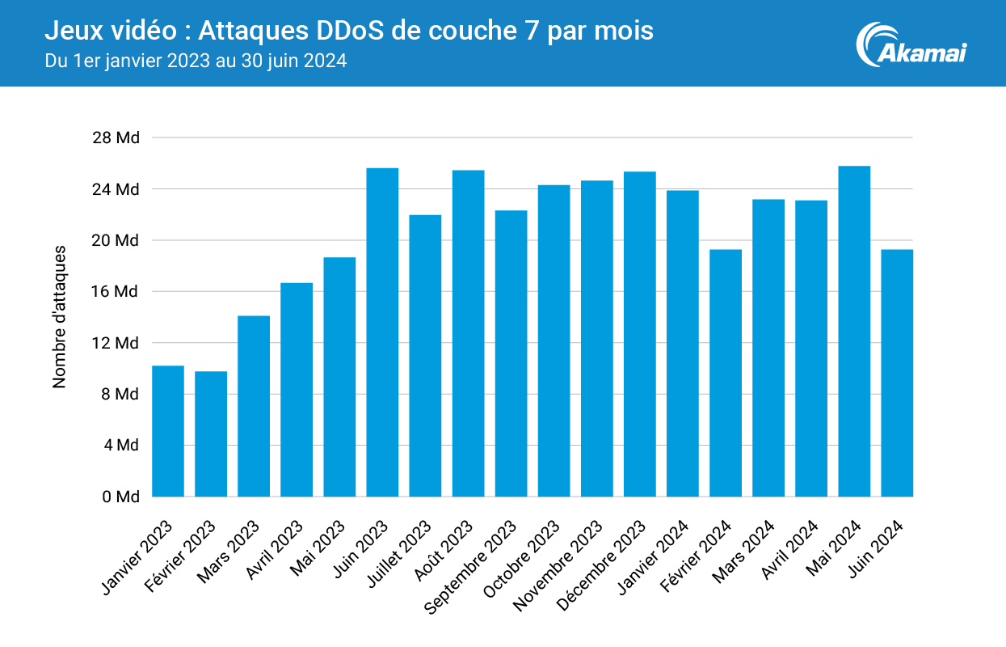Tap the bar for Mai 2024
click(x=854, y=331)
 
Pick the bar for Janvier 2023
click(x=168, y=431)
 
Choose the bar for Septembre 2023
click(x=511, y=353)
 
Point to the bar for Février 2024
click(x=726, y=373)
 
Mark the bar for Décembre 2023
click(x=640, y=334)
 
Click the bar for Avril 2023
click(x=297, y=389)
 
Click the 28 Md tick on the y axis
click(x=116, y=137)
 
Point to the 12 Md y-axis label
click(x=116, y=343)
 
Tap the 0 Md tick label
click(x=120, y=497)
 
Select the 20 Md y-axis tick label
click(x=116, y=240)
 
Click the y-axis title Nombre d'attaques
click(x=60, y=317)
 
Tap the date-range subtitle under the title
click(x=196, y=61)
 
